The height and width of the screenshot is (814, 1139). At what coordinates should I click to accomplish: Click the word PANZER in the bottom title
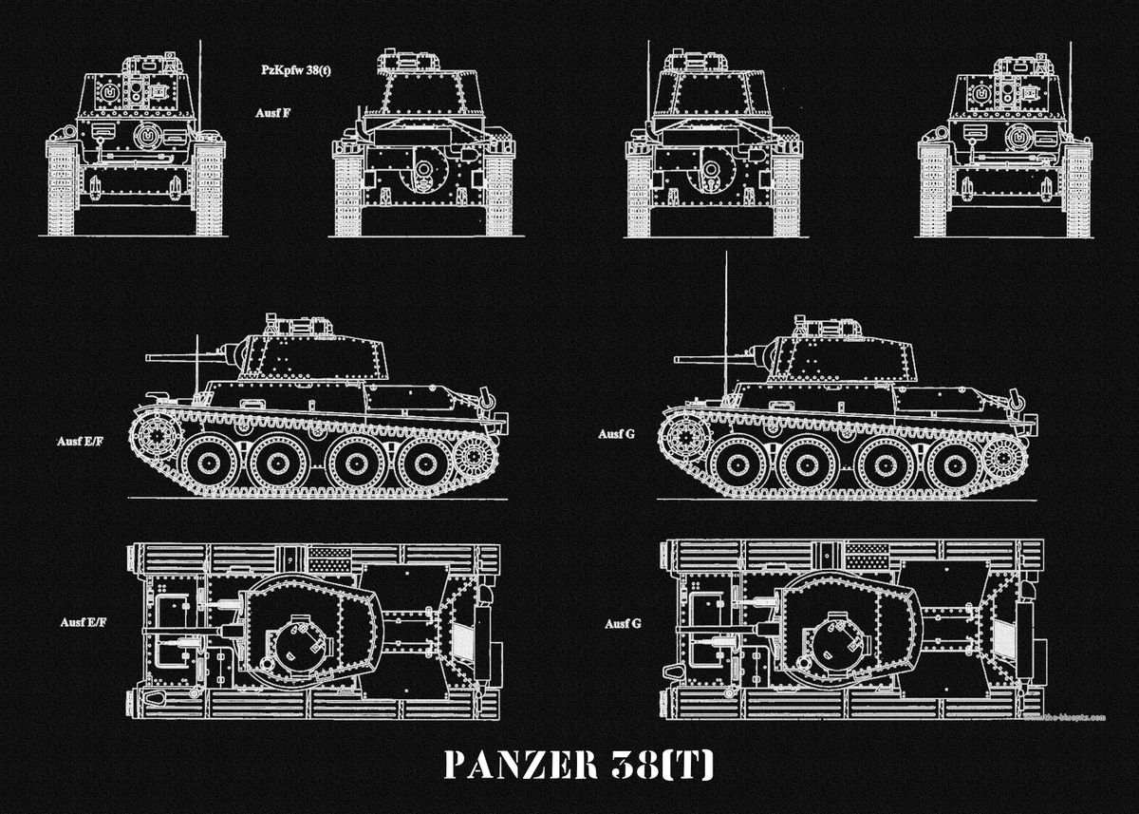(x=512, y=767)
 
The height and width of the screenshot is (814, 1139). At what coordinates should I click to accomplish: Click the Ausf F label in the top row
(x=272, y=112)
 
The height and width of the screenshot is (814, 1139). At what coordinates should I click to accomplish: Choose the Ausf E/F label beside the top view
(x=82, y=622)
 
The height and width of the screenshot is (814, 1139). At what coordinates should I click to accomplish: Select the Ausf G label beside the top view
(x=624, y=624)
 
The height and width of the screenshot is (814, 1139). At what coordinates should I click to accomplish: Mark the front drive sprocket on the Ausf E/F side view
(x=155, y=438)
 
